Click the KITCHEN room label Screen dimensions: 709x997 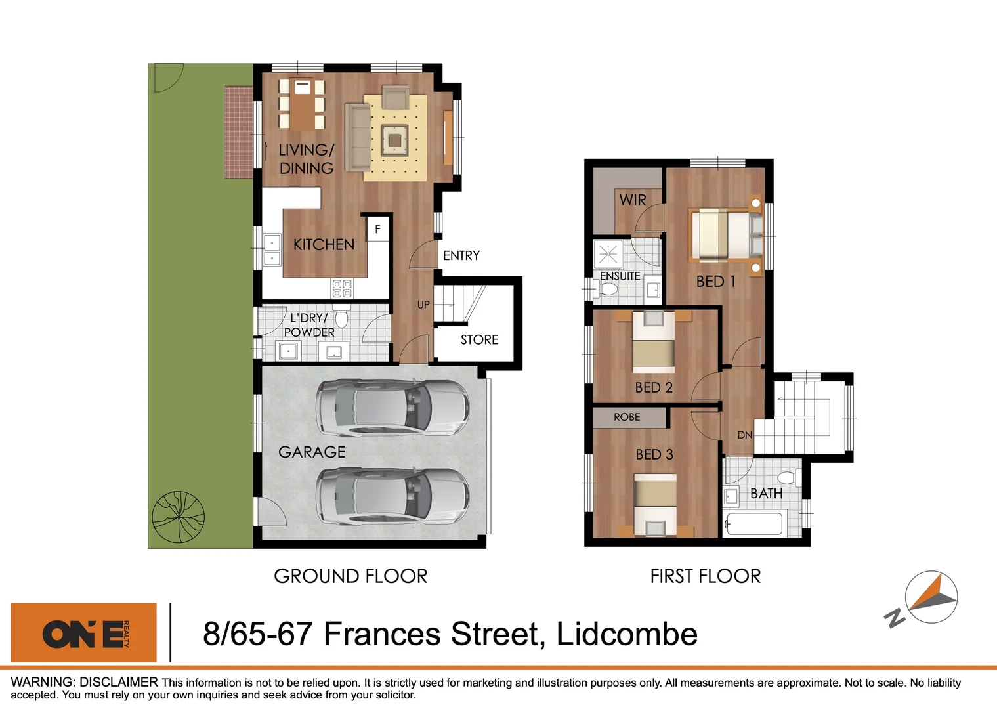[x=324, y=245]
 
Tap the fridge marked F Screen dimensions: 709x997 [x=377, y=229]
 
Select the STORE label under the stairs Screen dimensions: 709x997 [x=479, y=340]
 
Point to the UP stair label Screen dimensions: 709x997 [x=423, y=305]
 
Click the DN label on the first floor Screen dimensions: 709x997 [x=744, y=435]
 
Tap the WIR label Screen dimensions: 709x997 [x=633, y=200]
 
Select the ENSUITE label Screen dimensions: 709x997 [x=620, y=276]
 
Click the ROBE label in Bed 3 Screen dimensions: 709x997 [x=627, y=417]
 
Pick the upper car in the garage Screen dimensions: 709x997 [x=392, y=408]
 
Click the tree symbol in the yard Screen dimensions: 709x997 [x=178, y=517]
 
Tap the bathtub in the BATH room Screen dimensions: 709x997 [x=754, y=525]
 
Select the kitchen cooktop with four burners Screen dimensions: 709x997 [x=341, y=288]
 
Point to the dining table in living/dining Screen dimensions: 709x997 [x=302, y=104]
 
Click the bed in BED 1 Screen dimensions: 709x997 [x=725, y=234]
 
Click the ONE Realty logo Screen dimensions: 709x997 [x=84, y=633]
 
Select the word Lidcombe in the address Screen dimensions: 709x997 [x=626, y=634]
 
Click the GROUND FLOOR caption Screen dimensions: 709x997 [x=350, y=576]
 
